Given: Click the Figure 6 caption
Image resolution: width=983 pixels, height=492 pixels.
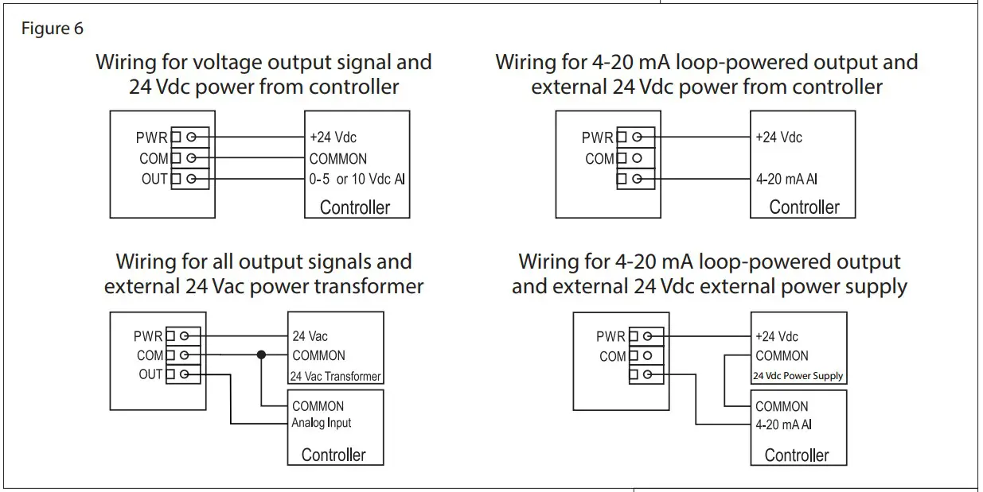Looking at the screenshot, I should click(x=52, y=29).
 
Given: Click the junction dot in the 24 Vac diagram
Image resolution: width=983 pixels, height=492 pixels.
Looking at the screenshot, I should click(x=260, y=355).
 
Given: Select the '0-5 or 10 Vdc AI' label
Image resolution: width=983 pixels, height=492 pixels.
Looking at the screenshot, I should click(x=357, y=180).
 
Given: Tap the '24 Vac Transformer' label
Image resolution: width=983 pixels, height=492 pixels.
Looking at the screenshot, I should click(x=335, y=376).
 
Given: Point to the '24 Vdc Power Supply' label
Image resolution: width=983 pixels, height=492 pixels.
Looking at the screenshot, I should click(x=798, y=376).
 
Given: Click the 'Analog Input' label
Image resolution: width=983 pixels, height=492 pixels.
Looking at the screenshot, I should click(x=322, y=423).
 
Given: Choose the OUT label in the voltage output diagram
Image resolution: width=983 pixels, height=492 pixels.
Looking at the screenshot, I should click(x=154, y=180).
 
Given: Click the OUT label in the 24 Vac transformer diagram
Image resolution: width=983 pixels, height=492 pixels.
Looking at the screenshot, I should click(x=150, y=374).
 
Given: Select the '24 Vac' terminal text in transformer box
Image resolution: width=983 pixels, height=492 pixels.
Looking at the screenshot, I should click(x=310, y=336).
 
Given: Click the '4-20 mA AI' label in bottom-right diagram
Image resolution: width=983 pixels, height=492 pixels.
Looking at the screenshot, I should click(x=783, y=424).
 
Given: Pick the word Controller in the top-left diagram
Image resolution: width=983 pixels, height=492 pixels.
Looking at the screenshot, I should click(x=355, y=207).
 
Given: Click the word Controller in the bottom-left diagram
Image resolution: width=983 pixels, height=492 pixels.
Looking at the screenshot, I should click(x=334, y=455).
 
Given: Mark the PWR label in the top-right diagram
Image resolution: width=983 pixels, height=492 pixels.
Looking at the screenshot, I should click(x=597, y=138).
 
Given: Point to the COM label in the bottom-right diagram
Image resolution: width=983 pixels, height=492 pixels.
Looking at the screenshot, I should click(x=612, y=357).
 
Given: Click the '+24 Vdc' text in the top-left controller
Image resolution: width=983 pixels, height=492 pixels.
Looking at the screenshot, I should click(x=333, y=138).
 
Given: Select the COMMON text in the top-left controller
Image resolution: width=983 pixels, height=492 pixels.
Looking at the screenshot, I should click(x=338, y=159).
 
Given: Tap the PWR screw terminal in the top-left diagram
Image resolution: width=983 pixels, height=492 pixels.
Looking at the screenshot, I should click(x=191, y=138).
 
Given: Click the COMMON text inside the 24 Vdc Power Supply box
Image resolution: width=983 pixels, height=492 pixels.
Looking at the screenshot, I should click(x=782, y=356).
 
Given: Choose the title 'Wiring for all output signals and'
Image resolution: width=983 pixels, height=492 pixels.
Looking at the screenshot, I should click(x=263, y=261).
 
